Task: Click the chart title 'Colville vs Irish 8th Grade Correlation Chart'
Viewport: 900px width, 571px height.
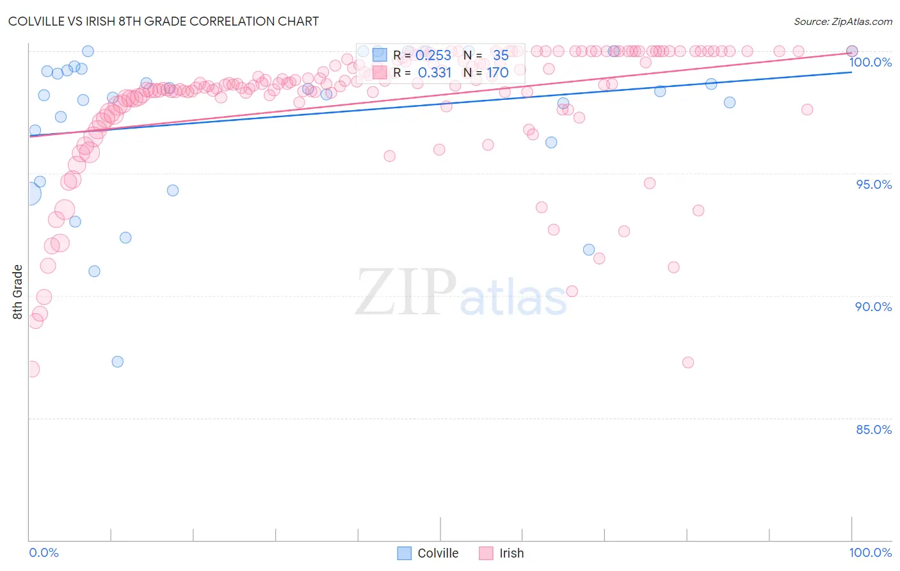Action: tap(163, 21)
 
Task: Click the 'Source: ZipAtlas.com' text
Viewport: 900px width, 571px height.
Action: tap(842, 21)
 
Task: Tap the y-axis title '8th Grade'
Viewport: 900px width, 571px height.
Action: tap(17, 291)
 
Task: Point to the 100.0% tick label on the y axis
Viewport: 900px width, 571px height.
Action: tap(870, 62)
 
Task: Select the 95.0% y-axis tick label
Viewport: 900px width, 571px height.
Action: tap(873, 184)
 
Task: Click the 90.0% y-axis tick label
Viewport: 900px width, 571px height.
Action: tap(873, 307)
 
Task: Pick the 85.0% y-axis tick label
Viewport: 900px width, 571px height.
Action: tap(873, 430)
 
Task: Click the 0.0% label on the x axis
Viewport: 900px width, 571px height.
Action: tap(44, 552)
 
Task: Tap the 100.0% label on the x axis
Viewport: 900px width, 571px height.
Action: tap(870, 552)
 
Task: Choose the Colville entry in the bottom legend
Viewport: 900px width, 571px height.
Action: tap(438, 553)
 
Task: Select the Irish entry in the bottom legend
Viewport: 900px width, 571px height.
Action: tap(511, 553)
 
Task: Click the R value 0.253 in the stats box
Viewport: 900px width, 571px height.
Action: tap(433, 55)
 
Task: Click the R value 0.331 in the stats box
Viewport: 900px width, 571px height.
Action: tap(435, 73)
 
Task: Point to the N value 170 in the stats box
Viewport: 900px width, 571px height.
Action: tap(497, 73)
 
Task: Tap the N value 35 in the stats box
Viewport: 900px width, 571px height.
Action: tap(501, 55)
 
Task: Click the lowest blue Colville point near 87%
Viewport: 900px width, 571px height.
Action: tap(117, 362)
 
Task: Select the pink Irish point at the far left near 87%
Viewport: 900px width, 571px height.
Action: tap(31, 369)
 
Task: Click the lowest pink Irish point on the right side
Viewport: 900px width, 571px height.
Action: tap(688, 362)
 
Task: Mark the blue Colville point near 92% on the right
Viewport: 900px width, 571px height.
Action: tap(589, 250)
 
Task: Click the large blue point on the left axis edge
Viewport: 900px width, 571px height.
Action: tap(29, 194)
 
